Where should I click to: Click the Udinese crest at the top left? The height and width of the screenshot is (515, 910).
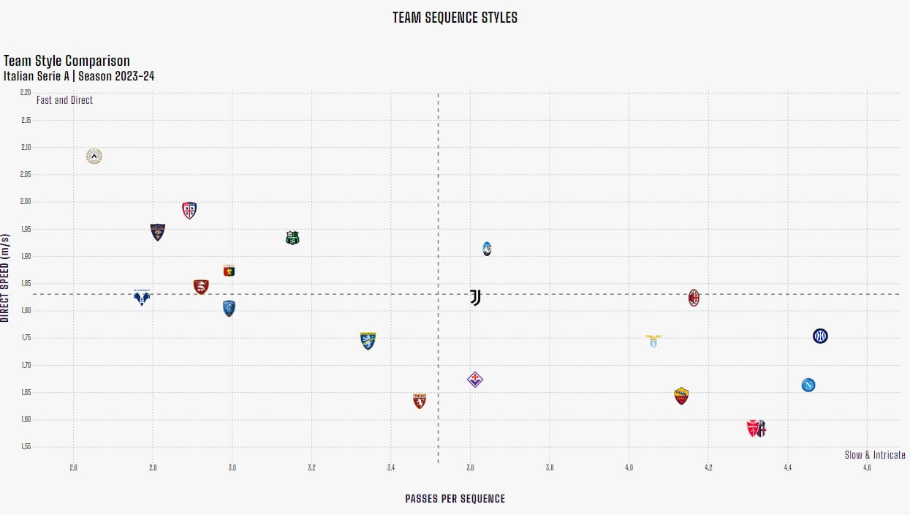[x=94, y=156]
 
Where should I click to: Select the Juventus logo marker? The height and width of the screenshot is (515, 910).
[x=475, y=297]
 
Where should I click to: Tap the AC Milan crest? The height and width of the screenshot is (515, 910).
[x=694, y=297]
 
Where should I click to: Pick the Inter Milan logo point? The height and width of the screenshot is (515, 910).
[x=820, y=336]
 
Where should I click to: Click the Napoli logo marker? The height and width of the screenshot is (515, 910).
[x=808, y=385]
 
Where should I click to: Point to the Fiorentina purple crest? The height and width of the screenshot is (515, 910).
[x=475, y=379]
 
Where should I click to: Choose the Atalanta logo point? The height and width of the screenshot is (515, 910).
[x=487, y=249]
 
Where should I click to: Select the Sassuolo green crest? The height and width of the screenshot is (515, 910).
[x=292, y=238]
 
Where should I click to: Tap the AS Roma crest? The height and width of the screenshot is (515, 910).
[x=681, y=396]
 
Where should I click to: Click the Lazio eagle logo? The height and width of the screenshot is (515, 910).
[x=653, y=340]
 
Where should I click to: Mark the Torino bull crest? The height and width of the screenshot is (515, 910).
[x=419, y=401]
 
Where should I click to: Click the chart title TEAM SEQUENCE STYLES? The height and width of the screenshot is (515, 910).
[x=455, y=18]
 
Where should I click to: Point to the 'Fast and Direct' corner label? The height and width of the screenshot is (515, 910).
[x=64, y=100]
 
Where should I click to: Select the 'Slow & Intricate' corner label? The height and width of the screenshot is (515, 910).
[x=875, y=455]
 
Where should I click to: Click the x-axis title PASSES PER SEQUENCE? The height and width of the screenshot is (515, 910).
[x=455, y=499]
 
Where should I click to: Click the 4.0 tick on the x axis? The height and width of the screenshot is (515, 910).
[x=629, y=467]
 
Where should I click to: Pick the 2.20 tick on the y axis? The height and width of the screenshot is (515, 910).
[x=26, y=93]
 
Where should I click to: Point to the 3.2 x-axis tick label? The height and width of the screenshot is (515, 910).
[x=311, y=467]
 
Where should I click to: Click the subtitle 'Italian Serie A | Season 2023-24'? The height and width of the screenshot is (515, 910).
[x=79, y=76]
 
